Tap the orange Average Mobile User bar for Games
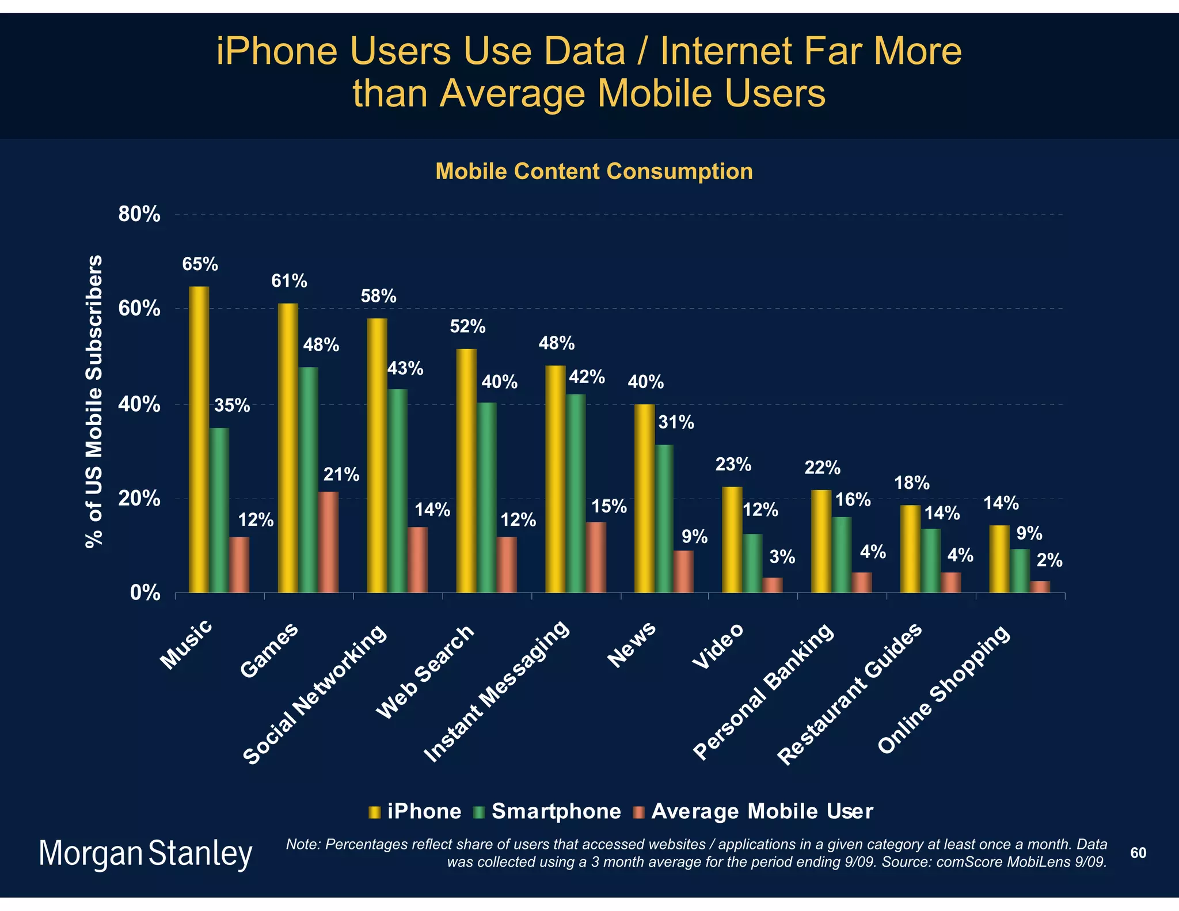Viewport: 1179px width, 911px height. pyautogui.click(x=329, y=542)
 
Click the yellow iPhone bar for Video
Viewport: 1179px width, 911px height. pyautogui.click(x=732, y=540)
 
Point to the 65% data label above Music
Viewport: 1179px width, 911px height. pyautogui.click(x=200, y=264)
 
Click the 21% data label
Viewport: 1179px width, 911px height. pyautogui.click(x=341, y=475)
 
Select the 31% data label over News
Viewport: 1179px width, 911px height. pyautogui.click(x=676, y=423)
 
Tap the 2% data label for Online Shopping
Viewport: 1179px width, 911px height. pyautogui.click(x=1049, y=560)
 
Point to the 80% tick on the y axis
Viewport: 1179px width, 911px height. pyautogui.click(x=139, y=215)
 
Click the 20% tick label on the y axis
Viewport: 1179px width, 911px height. pyautogui.click(x=139, y=499)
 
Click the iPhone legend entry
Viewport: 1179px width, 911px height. pyautogui.click(x=415, y=811)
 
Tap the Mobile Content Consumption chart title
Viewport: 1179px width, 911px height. pyautogui.click(x=594, y=172)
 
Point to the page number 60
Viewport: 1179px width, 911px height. pyautogui.click(x=1138, y=853)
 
